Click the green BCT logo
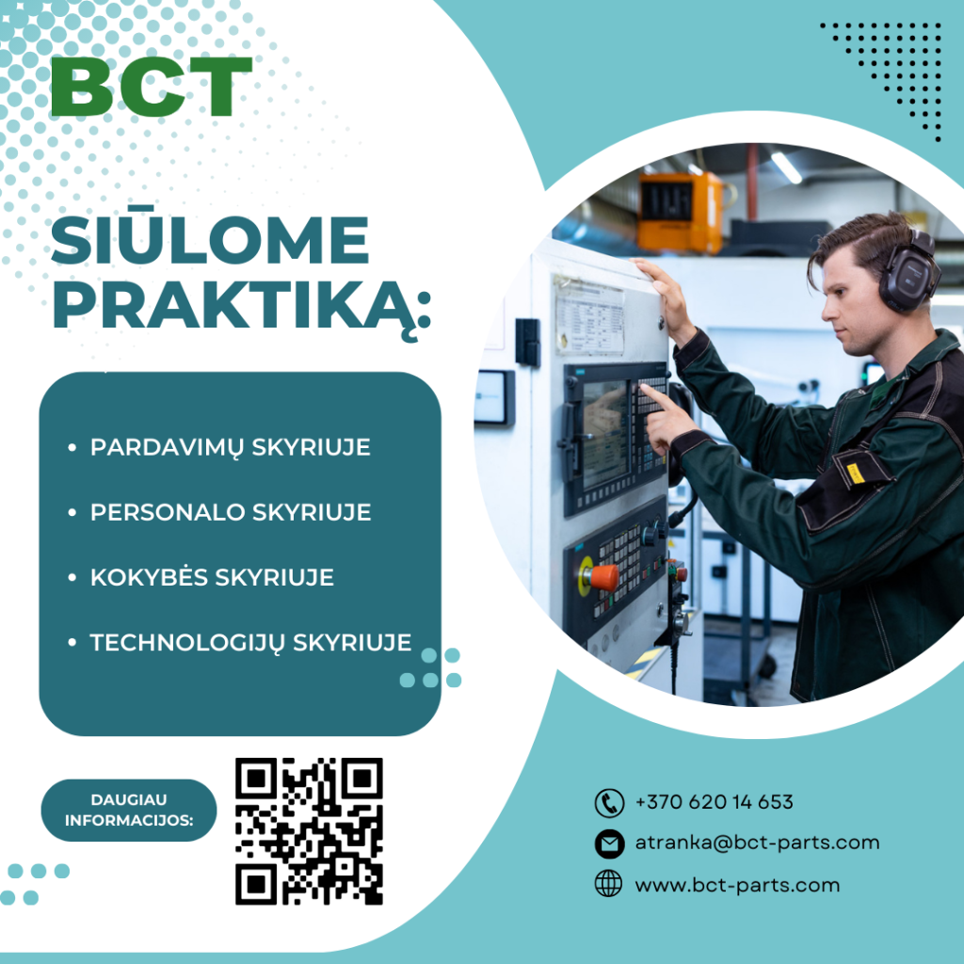point(152,86)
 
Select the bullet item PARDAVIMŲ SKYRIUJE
point(230,448)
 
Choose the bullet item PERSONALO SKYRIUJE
point(231,512)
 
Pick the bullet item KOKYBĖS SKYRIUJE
point(212,576)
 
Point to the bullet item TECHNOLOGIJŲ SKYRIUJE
point(250,642)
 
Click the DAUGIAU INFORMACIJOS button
point(129,810)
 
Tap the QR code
point(309,831)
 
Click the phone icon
point(609,803)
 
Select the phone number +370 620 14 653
point(714,802)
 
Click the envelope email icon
point(609,843)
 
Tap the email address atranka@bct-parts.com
point(757,843)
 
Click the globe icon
point(609,884)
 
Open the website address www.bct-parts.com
point(737,885)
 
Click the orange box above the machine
point(680,212)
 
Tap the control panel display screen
point(605,433)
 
